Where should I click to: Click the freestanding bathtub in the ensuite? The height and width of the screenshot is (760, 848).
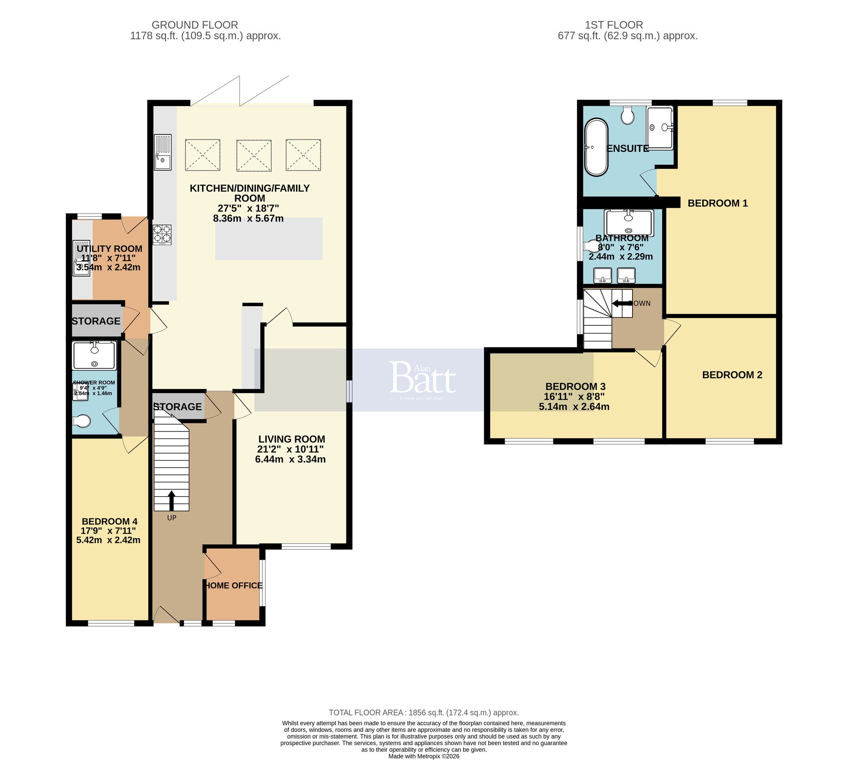[596, 147]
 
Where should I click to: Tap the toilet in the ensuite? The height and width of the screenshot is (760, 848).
[628, 115]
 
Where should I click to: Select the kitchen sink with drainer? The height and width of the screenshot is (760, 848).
[163, 152]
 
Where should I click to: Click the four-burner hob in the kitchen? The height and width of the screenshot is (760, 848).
[162, 235]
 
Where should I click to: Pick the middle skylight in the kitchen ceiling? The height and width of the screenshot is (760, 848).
[254, 156]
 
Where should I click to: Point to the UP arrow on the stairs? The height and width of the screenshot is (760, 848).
[171, 500]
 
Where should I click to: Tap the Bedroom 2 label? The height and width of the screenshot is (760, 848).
[732, 375]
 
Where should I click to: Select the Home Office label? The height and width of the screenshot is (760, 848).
[234, 585]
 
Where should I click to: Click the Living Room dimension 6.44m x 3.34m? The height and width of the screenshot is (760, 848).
[290, 459]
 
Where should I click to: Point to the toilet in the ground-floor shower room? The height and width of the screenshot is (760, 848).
[82, 421]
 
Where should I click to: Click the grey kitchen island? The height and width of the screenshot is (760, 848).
[269, 239]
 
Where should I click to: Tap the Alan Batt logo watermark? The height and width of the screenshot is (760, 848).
[422, 379]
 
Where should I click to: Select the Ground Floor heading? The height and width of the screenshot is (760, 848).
[195, 25]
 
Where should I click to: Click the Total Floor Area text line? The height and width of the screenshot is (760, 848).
[424, 712]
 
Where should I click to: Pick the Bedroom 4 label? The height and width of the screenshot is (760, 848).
[109, 521]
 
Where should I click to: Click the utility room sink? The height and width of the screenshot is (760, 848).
[81, 258]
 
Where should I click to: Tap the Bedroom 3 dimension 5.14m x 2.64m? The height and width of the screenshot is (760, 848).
[574, 407]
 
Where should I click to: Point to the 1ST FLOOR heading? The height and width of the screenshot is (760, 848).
[614, 25]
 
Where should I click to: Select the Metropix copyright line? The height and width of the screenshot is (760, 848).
[424, 756]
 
